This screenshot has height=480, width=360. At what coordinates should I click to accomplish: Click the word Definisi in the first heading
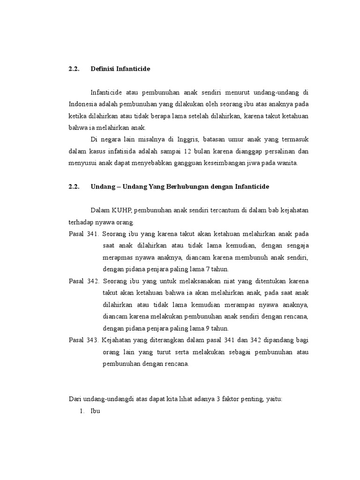click(102, 69)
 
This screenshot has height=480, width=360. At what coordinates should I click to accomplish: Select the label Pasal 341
click(83, 234)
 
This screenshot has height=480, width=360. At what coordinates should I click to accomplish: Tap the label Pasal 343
click(83, 340)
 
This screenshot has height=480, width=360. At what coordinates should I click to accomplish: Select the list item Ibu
click(95, 411)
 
